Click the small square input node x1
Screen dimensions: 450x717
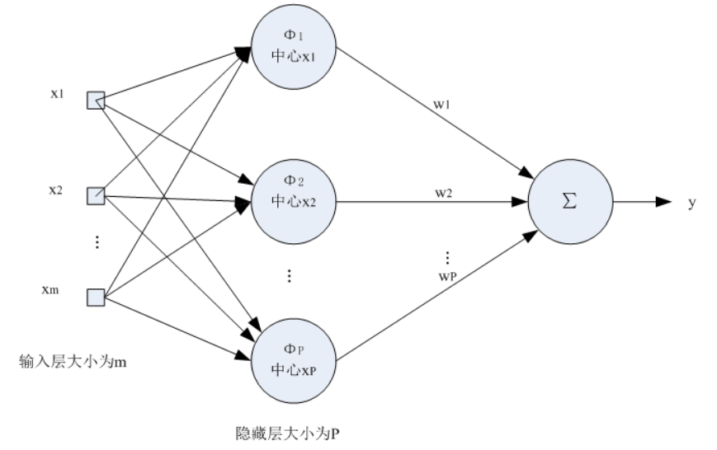[x=97, y=101]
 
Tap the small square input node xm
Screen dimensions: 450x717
[x=97, y=296]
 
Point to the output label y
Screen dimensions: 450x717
[x=691, y=202]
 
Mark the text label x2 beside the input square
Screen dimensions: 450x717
[x=55, y=190]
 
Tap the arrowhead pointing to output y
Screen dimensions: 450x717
[x=664, y=202]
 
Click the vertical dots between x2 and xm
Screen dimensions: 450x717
[x=97, y=241]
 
